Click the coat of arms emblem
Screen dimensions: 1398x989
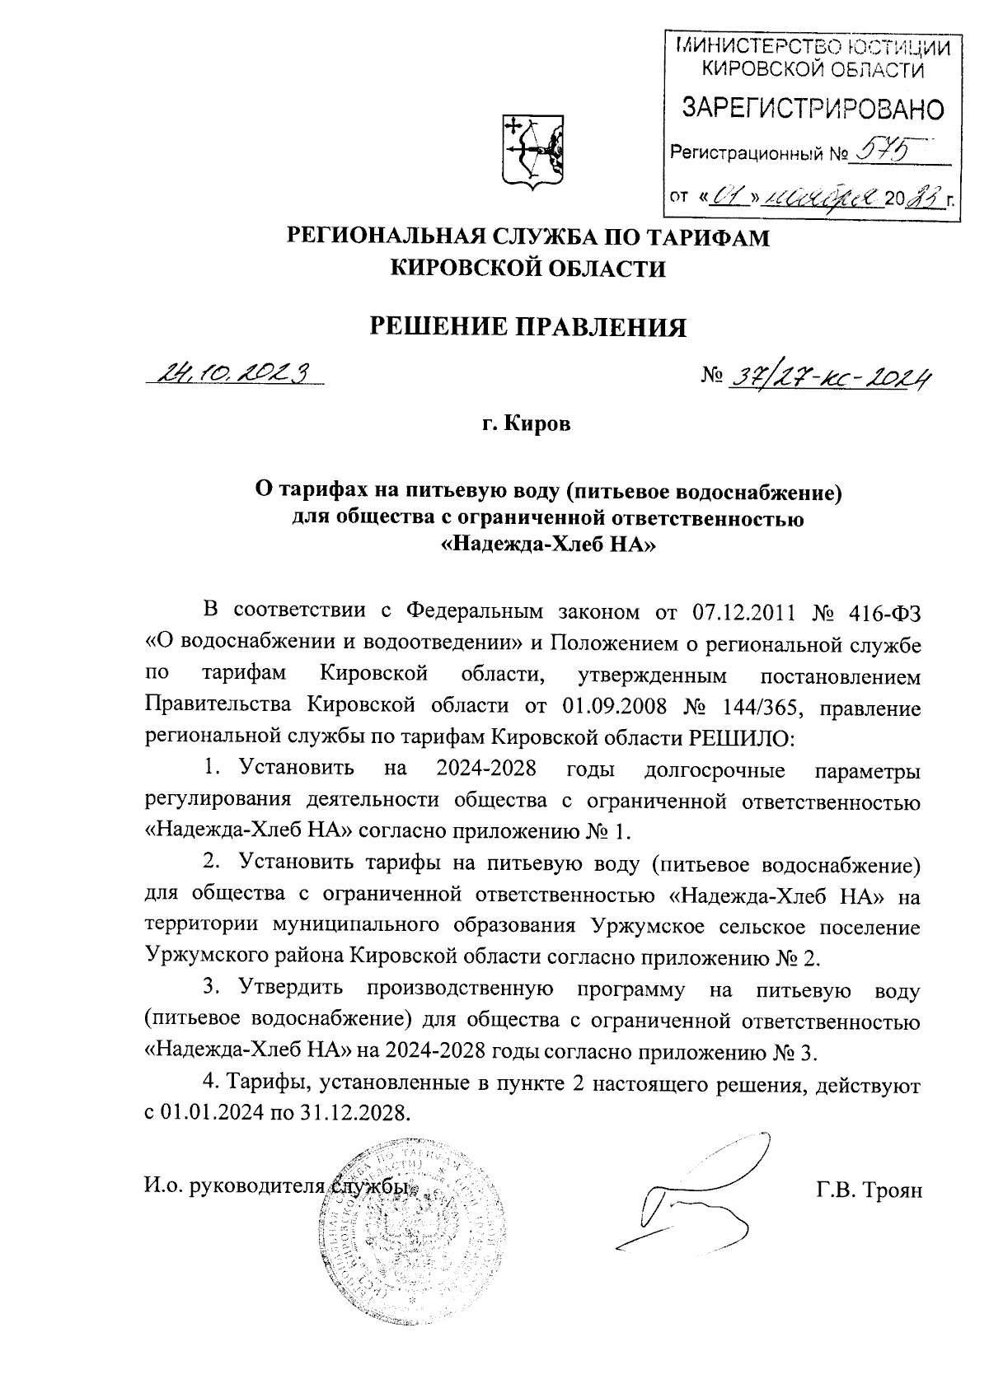532,151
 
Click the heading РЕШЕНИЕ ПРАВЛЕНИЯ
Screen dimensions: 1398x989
527,326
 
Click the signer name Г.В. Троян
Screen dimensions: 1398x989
869,1189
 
